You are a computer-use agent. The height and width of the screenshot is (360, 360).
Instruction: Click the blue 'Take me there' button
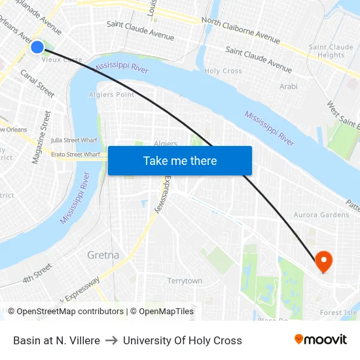click(x=180, y=160)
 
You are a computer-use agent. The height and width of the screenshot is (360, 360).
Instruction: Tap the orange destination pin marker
click(x=323, y=262)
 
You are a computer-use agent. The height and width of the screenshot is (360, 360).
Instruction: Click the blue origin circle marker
click(x=37, y=46)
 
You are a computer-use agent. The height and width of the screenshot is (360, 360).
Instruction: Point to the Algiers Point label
click(x=111, y=95)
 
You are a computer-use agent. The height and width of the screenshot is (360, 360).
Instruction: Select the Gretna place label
click(x=103, y=255)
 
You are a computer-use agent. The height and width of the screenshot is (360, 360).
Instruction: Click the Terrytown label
click(x=185, y=281)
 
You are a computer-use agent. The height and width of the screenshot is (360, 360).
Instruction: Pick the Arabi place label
click(x=288, y=86)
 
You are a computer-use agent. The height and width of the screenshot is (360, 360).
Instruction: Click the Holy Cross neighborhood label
click(x=223, y=71)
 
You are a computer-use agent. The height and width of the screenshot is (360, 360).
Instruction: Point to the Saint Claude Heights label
click(x=331, y=51)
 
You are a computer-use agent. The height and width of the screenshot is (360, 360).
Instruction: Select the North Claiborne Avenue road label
click(x=241, y=31)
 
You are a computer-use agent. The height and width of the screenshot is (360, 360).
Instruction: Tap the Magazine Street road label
click(x=41, y=137)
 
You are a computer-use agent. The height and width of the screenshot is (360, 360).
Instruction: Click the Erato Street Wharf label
click(x=75, y=154)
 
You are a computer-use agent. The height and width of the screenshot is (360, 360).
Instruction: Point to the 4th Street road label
click(x=37, y=273)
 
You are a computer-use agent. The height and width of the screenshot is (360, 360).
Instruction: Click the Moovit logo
click(x=321, y=340)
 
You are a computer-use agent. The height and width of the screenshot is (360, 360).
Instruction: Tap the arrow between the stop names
click(x=111, y=340)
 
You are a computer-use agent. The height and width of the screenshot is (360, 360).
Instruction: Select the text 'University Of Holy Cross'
click(x=183, y=340)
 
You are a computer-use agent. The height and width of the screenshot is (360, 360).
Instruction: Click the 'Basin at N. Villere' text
click(x=56, y=340)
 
